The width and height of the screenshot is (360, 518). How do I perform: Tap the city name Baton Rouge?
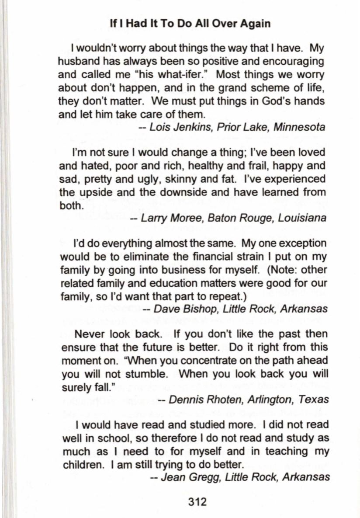tap(234, 218)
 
